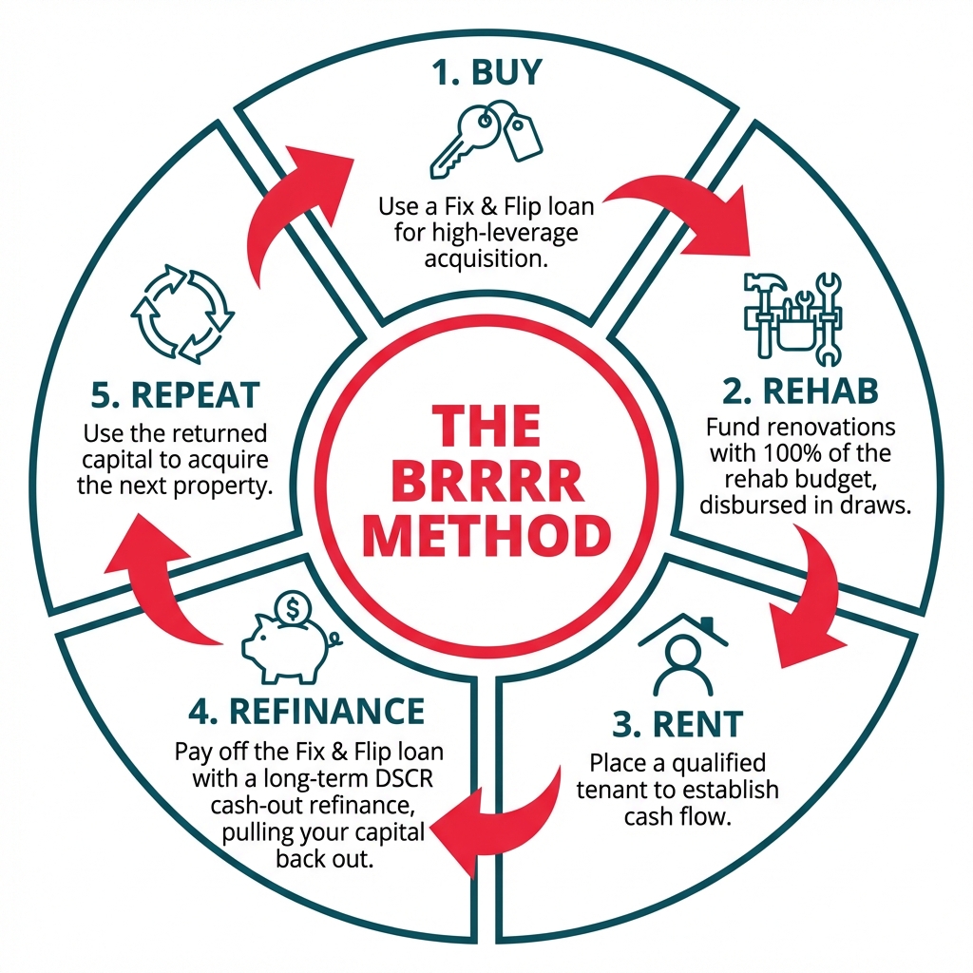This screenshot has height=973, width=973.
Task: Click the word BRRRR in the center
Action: tap(486, 482)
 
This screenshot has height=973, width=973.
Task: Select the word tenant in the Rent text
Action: tap(620, 790)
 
